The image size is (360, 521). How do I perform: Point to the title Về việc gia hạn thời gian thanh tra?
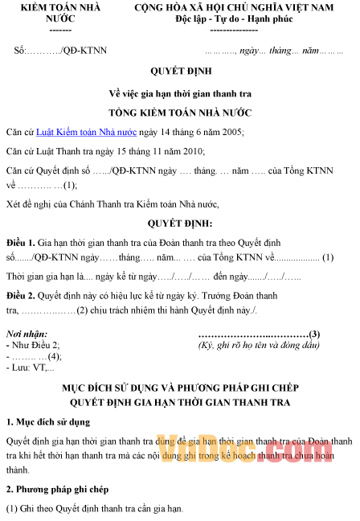(x=179, y=92)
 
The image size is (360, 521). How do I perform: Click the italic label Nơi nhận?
(x=27, y=334)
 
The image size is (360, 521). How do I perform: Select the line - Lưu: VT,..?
(x=31, y=367)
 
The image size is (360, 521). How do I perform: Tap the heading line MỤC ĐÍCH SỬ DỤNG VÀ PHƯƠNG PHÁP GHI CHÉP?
(x=180, y=388)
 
